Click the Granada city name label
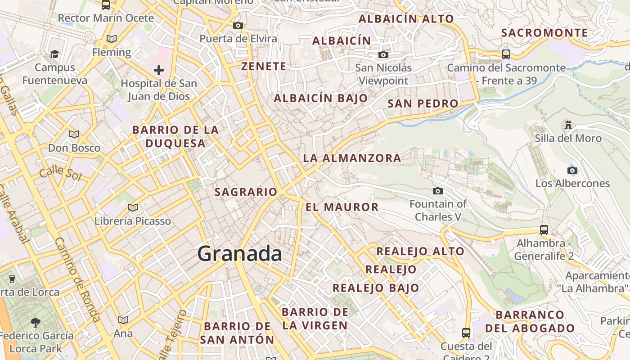[x=239, y=254]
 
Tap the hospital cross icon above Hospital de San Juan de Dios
[x=158, y=70]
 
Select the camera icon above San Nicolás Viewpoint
[x=383, y=55]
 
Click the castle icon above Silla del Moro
[x=568, y=125]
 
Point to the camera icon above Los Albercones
[x=572, y=170]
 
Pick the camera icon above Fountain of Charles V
[x=437, y=191]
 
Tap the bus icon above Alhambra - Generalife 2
[x=544, y=229]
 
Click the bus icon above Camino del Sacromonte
[x=506, y=54]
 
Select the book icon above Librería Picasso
[x=132, y=207]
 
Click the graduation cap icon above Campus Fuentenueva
[x=54, y=54]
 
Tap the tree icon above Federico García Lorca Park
[x=36, y=322]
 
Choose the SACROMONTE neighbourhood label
[x=544, y=33]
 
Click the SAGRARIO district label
[x=246, y=192]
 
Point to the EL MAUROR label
[x=342, y=207]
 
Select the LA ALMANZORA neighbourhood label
[x=352, y=158]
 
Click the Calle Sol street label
[x=60, y=173]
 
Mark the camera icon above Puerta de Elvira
[x=238, y=26]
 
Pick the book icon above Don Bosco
[x=74, y=134]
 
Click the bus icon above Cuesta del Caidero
[x=466, y=333]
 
